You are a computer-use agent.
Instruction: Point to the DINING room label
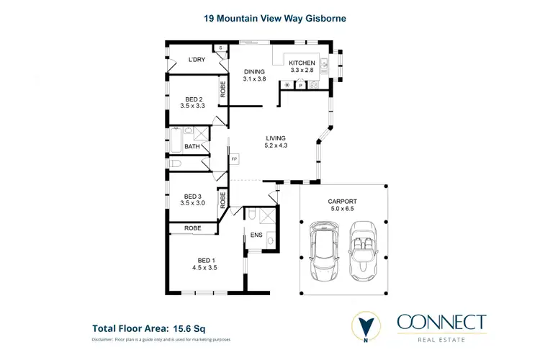click(x=254, y=71)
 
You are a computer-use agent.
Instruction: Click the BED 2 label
click(x=194, y=99)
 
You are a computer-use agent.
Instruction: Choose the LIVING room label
click(x=276, y=138)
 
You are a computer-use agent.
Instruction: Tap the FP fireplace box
click(x=234, y=158)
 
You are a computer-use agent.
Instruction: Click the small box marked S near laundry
click(x=222, y=48)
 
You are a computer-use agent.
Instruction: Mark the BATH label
click(x=192, y=147)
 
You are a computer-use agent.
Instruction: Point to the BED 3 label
click(x=193, y=196)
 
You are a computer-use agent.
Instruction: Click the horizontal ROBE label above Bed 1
click(x=192, y=228)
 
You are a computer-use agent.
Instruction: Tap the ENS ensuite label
click(x=257, y=235)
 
